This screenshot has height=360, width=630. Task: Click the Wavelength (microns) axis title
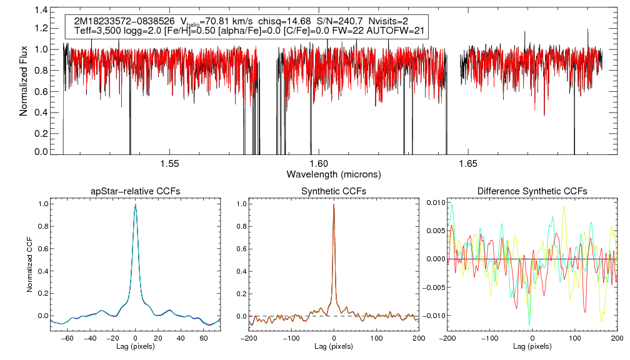(333, 173)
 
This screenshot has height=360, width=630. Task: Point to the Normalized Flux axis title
(24, 81)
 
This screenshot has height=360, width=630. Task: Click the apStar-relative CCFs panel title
(135, 191)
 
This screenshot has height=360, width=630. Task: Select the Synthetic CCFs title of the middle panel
(334, 191)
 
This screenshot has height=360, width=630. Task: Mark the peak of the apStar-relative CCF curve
(136, 204)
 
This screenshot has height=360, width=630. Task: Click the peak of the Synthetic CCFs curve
(334, 204)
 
